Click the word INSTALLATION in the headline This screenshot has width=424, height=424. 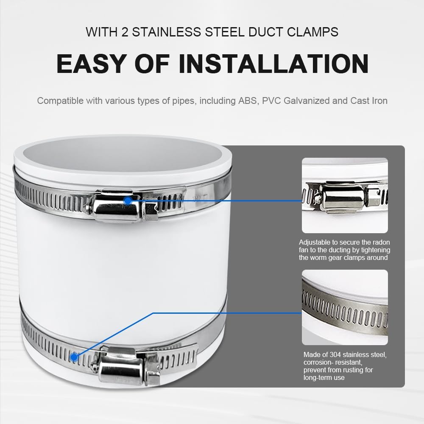pyautogui.click(x=273, y=64)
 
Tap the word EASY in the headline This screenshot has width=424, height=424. pyautogui.click(x=92, y=64)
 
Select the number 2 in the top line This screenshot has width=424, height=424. pyautogui.click(x=125, y=32)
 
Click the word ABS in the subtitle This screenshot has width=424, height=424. pyautogui.click(x=248, y=100)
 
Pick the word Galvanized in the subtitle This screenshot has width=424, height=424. pyautogui.click(x=307, y=101)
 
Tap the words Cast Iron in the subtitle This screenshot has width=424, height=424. pyautogui.click(x=369, y=100)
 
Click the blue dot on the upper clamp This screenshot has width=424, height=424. pyautogui.click(x=128, y=201)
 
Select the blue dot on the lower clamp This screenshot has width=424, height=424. pyautogui.click(x=74, y=357)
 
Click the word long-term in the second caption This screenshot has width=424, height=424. pyautogui.click(x=317, y=377)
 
